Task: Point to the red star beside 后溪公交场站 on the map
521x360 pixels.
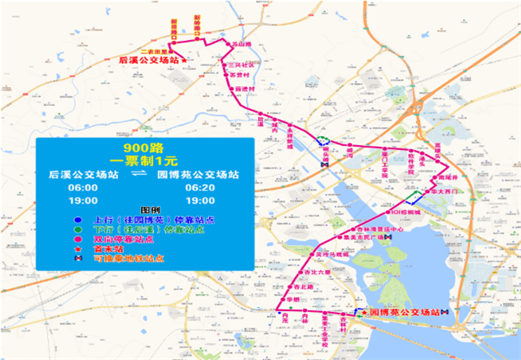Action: (x=184, y=59)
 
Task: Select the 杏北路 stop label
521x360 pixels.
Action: (x=302, y=287)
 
